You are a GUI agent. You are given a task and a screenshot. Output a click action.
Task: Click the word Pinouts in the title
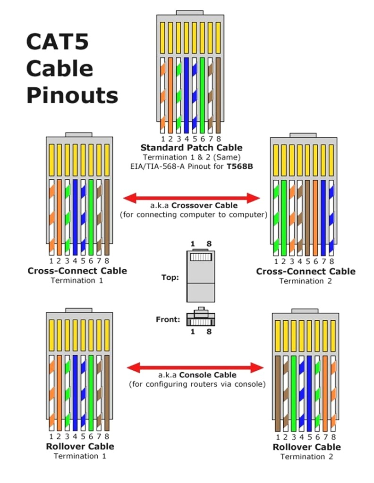(x=72, y=96)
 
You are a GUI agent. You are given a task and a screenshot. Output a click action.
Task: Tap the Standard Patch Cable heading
(x=191, y=148)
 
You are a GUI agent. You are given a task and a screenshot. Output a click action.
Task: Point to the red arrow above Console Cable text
(x=195, y=367)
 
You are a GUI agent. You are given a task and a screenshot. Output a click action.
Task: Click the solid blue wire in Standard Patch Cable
(x=187, y=94)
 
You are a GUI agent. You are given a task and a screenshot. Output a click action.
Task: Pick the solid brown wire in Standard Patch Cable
(x=218, y=94)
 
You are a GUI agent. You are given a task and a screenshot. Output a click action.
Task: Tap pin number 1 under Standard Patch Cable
(x=163, y=139)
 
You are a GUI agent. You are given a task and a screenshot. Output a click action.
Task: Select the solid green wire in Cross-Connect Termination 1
(x=91, y=217)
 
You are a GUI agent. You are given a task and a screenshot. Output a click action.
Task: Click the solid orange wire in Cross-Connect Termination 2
(x=315, y=217)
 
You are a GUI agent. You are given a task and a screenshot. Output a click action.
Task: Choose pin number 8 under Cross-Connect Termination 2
(x=332, y=261)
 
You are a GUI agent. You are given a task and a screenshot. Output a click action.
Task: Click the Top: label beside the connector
(x=170, y=277)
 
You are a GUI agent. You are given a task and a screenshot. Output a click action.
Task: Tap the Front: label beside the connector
(x=168, y=319)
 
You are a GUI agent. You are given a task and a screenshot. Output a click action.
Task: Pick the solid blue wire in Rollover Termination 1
(x=75, y=391)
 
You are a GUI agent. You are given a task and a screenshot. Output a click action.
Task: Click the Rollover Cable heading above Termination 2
(x=306, y=447)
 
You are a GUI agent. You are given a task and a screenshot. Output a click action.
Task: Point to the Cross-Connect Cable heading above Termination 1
(x=77, y=271)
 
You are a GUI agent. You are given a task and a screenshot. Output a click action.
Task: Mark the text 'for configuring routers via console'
(x=197, y=384)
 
